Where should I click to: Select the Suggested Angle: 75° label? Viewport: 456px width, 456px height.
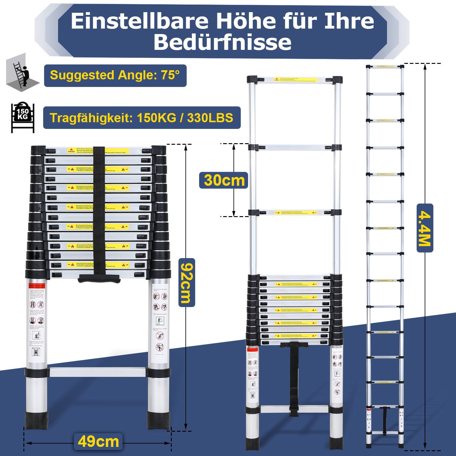coord(115,75)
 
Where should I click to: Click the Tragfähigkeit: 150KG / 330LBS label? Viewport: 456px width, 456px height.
coord(142,118)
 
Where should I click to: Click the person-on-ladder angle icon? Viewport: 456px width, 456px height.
coord(22,74)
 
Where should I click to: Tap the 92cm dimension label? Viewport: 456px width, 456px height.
coord(186,282)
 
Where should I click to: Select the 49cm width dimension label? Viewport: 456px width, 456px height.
coord(98,441)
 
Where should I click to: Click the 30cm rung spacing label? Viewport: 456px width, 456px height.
coord(224,180)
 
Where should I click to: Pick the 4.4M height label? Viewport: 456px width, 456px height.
coord(425,228)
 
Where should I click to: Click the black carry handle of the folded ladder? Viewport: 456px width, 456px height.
coord(99,278)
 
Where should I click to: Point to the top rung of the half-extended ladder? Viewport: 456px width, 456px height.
coord(295,80)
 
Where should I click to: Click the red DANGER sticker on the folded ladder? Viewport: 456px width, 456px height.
coord(71,151)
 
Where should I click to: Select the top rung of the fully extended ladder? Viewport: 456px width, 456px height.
coord(385,66)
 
